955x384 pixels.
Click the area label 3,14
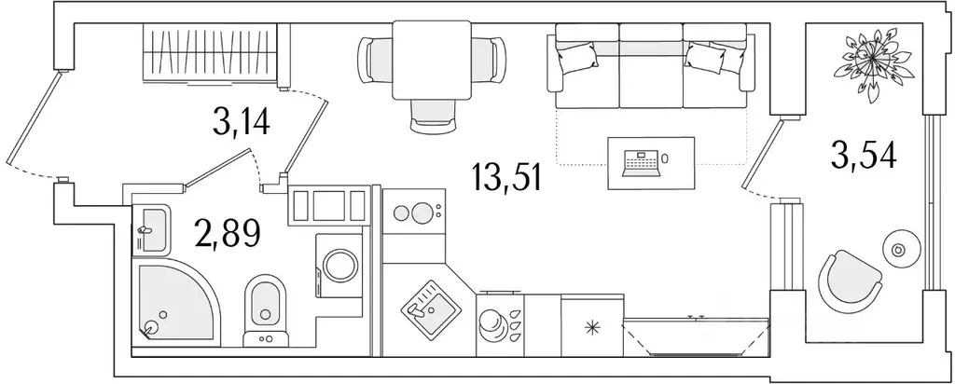241,121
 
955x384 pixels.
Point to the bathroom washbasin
152,227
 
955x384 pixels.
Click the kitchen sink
426,307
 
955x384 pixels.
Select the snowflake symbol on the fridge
590,327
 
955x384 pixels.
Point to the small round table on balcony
900,250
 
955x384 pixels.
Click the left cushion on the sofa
576,59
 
